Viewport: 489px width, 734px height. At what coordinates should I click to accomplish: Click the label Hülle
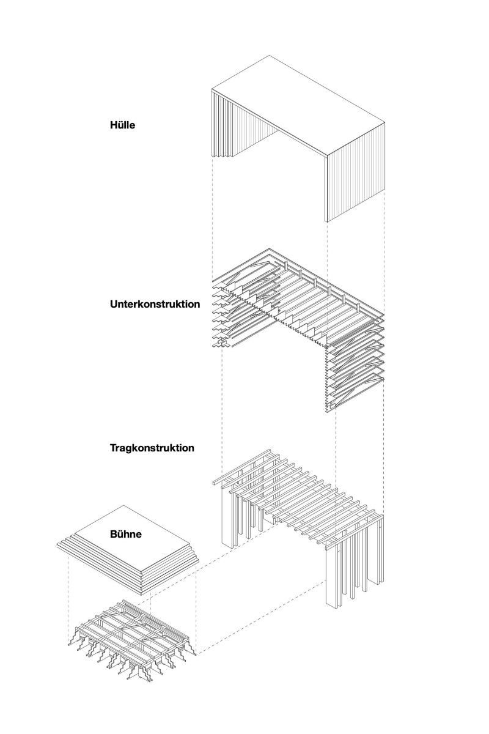[x=122, y=125]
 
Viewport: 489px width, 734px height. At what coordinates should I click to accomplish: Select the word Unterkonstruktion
[x=155, y=303]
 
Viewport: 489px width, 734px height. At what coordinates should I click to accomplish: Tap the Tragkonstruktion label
[x=152, y=448]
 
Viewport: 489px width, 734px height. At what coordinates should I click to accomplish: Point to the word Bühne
[x=127, y=534]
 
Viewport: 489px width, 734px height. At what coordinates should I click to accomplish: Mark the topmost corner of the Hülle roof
[x=267, y=56]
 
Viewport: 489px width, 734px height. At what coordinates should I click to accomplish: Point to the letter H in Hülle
[x=113, y=125]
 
